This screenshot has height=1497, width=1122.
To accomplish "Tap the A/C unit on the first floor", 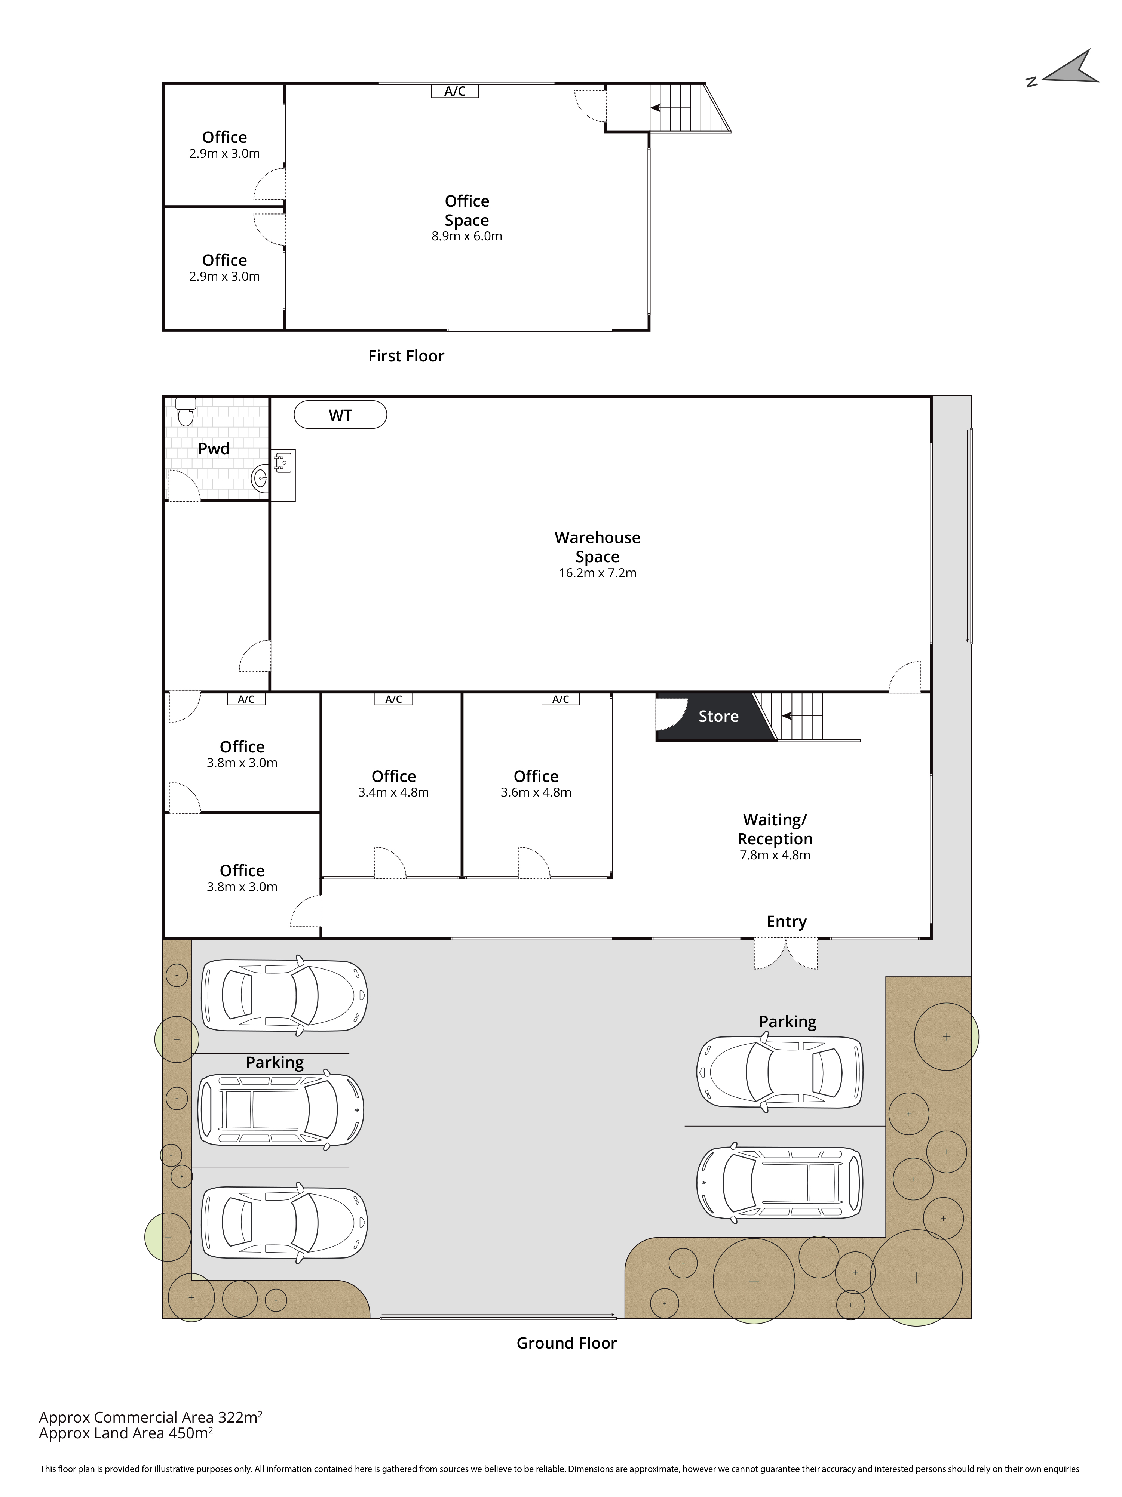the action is [x=455, y=91].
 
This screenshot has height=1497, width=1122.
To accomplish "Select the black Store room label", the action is [x=718, y=716].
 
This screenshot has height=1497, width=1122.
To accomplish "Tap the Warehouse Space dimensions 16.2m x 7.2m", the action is [x=597, y=573].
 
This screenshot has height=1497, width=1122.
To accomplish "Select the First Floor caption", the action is [x=406, y=356].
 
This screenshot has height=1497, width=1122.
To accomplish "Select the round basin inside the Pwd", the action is [x=260, y=479].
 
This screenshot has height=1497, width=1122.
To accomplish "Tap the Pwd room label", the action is [x=214, y=449].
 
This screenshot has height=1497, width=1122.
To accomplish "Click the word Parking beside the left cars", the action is [x=275, y=1063].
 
